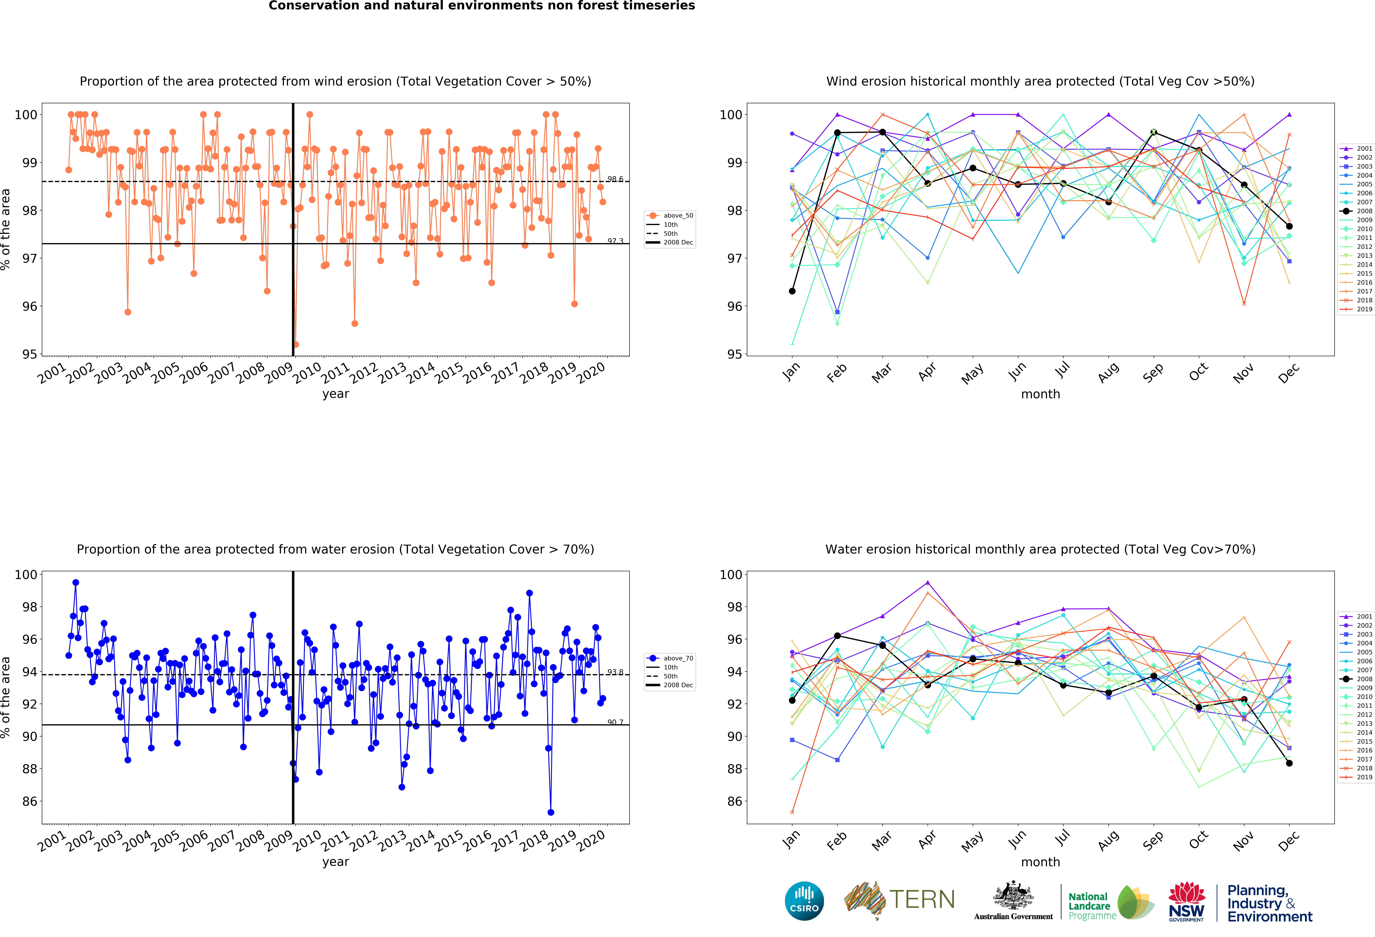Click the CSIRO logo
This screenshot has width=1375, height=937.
point(804,901)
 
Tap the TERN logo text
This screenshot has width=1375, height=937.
point(922,900)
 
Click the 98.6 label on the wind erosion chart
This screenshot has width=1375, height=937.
point(615,179)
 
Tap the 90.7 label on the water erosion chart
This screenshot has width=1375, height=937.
point(615,722)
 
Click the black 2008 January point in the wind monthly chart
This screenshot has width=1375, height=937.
point(792,291)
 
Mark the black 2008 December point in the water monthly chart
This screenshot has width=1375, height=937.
point(1289,763)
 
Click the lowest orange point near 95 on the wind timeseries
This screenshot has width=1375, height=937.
point(296,344)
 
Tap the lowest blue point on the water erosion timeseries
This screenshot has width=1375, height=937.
point(551,812)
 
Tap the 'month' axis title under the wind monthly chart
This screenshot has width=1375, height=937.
point(1040,394)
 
